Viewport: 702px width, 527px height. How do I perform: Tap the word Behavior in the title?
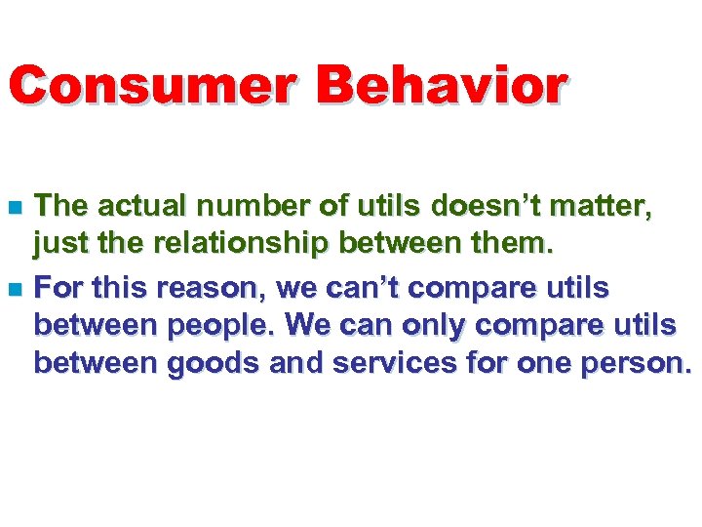(x=441, y=87)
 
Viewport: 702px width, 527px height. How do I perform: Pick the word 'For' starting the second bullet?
(x=56, y=290)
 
